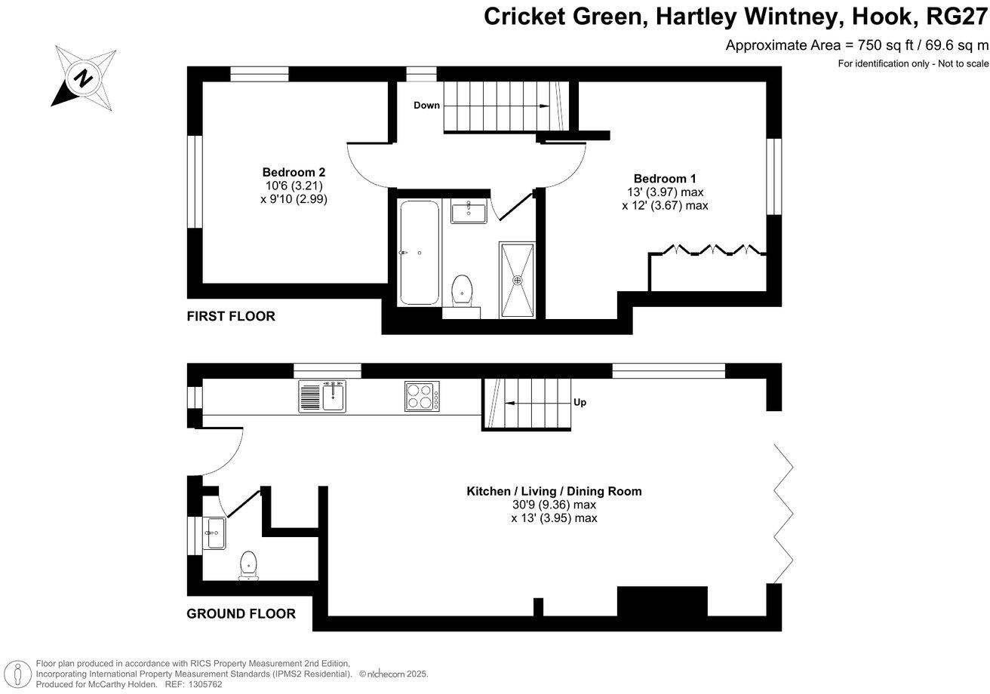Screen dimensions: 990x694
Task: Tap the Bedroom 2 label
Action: click(294, 172)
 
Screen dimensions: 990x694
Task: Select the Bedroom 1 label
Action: click(664, 179)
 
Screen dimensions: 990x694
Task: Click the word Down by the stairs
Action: click(426, 106)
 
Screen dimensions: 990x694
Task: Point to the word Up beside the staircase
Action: click(580, 403)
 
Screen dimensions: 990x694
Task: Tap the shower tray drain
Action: click(518, 280)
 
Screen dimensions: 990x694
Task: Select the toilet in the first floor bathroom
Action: click(462, 290)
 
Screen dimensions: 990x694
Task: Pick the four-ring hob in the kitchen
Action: click(423, 396)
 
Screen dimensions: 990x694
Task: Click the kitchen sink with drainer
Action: click(322, 396)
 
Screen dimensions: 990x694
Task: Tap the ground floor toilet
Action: click(248, 566)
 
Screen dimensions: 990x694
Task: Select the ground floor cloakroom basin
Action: click(214, 533)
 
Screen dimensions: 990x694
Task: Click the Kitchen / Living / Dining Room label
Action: click(554, 491)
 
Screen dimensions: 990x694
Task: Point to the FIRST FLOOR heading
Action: click(231, 316)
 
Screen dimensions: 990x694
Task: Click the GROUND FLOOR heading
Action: click(241, 613)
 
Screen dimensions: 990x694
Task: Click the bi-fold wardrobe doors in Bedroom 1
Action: click(710, 250)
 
